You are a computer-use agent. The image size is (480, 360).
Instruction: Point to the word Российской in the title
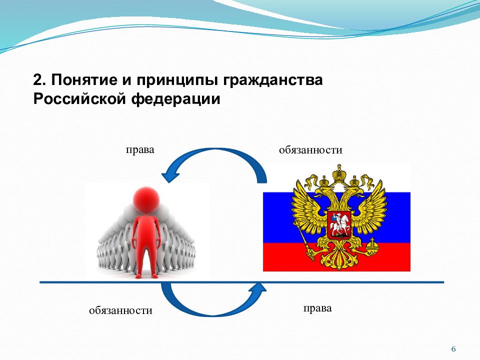tap(79, 99)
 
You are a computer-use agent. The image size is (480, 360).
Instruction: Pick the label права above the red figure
tap(140, 150)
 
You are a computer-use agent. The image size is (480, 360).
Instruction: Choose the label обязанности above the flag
tap(310, 150)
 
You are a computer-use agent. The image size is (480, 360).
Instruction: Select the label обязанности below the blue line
tap(120, 310)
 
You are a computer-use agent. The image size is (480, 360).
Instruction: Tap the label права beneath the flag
tap(317, 308)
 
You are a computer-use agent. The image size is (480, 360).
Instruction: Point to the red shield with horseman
tap(339, 225)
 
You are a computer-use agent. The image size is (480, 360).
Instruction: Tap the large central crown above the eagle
tap(339, 173)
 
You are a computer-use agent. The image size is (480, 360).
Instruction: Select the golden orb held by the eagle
tap(372, 245)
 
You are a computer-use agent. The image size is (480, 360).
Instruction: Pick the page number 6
tap(453, 349)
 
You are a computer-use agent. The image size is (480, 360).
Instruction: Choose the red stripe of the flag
tap(336, 257)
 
